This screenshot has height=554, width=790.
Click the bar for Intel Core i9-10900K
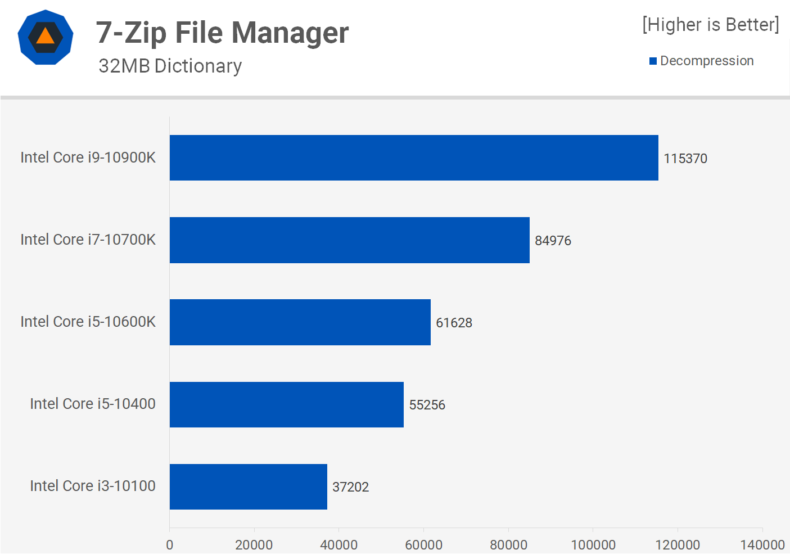tap(414, 157)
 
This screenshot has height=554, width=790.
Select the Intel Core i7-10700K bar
tap(349, 240)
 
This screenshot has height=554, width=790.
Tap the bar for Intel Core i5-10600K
tap(300, 322)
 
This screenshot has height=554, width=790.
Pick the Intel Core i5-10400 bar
tap(286, 404)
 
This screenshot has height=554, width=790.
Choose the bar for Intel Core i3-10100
tap(248, 487)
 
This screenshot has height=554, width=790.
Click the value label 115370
tap(685, 159)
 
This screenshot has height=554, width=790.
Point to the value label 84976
tap(553, 241)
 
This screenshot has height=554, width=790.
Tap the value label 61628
tap(454, 323)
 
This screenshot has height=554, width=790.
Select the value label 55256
tap(427, 405)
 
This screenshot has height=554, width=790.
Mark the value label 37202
tap(350, 487)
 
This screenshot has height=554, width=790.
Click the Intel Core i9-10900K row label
tap(88, 157)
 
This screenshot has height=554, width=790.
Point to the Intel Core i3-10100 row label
tap(93, 486)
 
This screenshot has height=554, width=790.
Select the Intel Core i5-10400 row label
tap(93, 404)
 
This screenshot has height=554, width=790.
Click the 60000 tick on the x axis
tap(423, 544)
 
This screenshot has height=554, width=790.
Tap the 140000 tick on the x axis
tap(762, 544)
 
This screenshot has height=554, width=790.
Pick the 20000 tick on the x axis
tap(254, 544)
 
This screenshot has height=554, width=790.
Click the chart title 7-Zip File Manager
tap(222, 33)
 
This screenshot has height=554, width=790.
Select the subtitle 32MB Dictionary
tap(170, 66)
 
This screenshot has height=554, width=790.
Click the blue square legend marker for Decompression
tap(653, 61)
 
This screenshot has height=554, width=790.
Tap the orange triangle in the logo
tap(45, 37)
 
